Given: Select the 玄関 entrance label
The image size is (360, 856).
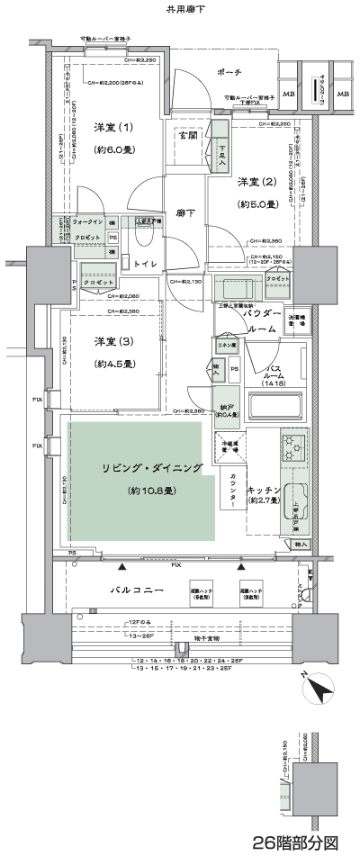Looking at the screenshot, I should [x=187, y=136].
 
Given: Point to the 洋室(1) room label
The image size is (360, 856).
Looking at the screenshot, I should [x=112, y=127].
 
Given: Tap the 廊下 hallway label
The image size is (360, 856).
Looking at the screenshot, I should [x=186, y=212].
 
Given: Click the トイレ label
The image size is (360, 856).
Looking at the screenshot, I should [x=147, y=264].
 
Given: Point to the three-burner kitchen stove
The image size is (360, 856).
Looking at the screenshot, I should [x=294, y=445].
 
